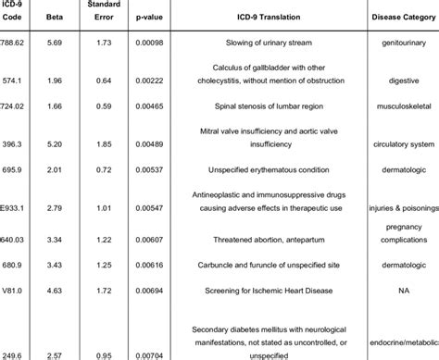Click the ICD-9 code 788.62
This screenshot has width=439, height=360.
coord(15,43)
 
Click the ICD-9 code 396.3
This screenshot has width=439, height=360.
coord(14,144)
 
